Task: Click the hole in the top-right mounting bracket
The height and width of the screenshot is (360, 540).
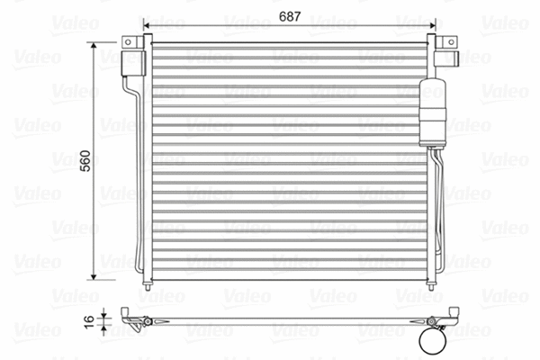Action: [447, 41]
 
